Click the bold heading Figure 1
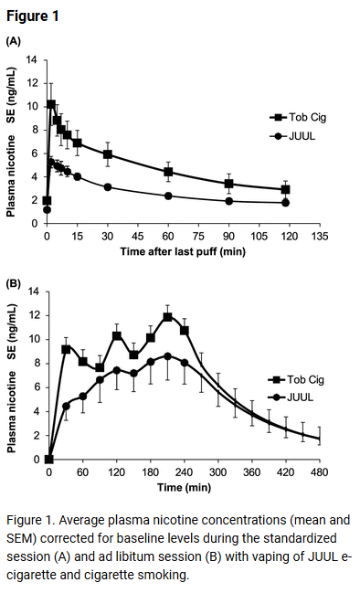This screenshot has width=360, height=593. point(34,16)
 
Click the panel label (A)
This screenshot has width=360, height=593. point(14,41)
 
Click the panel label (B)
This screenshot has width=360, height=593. point(14,283)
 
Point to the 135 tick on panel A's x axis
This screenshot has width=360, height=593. point(320,235)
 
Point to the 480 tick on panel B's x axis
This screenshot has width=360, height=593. point(320,472)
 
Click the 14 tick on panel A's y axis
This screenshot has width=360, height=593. point(34,60)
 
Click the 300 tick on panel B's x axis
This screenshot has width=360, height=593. point(217,472)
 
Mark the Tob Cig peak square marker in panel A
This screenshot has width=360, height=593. point(51,104)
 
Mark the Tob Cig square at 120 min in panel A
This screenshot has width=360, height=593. point(286,189)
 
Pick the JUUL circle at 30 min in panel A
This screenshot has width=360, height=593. point(108,186)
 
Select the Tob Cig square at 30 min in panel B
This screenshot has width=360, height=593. point(66,349)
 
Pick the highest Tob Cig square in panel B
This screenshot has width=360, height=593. point(168,317)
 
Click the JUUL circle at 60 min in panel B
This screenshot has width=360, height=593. point(83,396)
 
